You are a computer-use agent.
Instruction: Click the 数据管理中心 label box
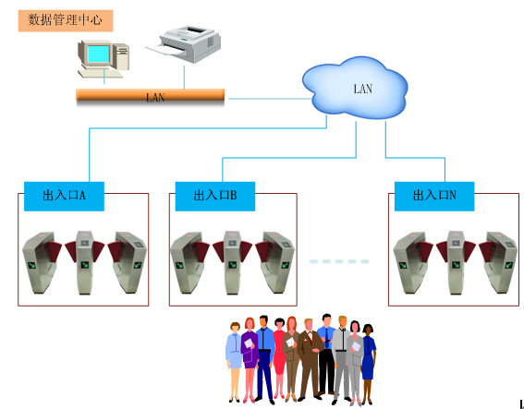[66, 20]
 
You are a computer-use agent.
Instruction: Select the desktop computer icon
[104, 59]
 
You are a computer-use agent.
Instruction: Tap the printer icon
[183, 44]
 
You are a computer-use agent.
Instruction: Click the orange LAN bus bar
[150, 95]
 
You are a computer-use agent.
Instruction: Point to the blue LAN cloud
[355, 88]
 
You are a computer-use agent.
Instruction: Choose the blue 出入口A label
[64, 196]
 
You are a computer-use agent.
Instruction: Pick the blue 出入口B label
[215, 196]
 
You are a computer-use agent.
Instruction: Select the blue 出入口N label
[434, 196]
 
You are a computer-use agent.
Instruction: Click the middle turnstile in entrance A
[84, 262]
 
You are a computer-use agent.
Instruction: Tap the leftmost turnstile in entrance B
[189, 262]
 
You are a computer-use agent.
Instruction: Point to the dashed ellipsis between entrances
[339, 261]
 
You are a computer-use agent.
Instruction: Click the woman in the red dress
[279, 357]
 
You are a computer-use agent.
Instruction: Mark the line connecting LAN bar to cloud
[270, 99]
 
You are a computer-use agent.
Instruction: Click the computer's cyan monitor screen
[99, 54]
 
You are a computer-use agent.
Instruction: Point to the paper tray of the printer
[165, 50]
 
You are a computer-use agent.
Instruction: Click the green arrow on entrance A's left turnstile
[32, 265]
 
